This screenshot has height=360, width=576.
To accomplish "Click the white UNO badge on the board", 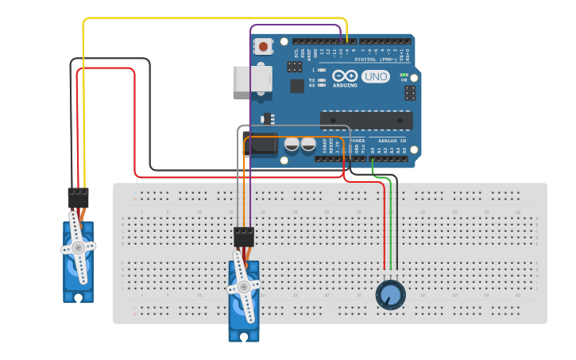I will pos(375,77).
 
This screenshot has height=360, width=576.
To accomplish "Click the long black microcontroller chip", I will pos(365,120).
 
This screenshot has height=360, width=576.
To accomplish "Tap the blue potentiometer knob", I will pos(390,295).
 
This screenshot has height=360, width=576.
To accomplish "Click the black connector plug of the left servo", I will pos(78,196).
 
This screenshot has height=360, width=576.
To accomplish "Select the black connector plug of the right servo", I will pos(244,236).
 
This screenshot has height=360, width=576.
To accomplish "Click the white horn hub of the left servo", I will pos(78,248).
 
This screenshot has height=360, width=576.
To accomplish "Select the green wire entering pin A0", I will pos(373,164).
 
